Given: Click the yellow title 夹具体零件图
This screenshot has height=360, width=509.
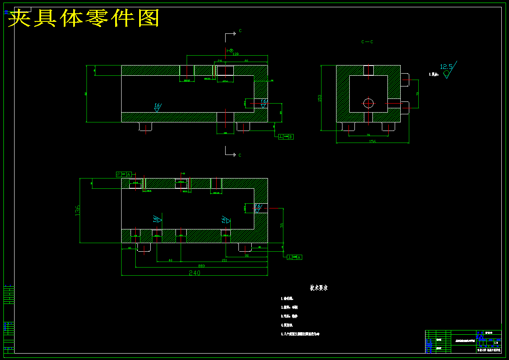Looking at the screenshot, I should coord(84,18).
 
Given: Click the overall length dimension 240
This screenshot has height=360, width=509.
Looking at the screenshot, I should coord(195,273).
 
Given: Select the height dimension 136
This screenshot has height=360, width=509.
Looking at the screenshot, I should coord(77,210).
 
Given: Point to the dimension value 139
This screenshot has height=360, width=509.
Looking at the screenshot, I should coord(235,54).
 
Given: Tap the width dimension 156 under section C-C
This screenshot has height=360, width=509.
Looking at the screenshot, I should coord(372,141).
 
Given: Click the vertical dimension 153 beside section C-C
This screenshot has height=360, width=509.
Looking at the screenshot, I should coord(319,98).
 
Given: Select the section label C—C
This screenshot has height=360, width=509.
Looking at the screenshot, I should coord(367,42).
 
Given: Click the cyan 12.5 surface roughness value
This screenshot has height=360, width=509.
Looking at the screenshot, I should coord(446,67).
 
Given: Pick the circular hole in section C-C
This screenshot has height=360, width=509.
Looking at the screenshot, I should coord(369,103).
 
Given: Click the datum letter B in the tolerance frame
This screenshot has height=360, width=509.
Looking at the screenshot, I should coord(291,137).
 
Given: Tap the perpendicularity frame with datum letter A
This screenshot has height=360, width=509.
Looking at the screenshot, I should coord(295,257).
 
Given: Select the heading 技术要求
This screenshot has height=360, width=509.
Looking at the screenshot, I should coord(319,288).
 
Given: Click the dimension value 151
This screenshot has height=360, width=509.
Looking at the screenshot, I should coord(224,260).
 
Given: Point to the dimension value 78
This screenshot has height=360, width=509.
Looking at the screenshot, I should coord(282,225).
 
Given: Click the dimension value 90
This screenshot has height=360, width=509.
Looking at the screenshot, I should coord(247,256).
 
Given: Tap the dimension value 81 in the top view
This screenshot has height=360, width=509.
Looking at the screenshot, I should coord(247,61).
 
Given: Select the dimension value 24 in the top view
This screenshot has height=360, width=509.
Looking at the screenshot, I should coord(220,61).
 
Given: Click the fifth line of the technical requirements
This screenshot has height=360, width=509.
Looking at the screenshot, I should coord(301,334).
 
